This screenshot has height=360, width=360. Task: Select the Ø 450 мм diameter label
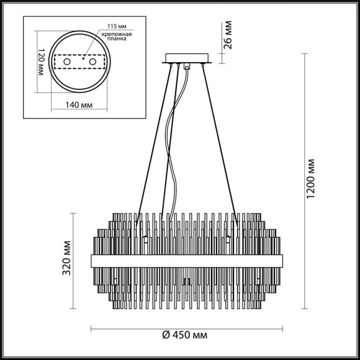coord(185,335)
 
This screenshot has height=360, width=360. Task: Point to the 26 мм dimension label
coord(228,36)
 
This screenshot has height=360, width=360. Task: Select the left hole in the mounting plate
coord(65,62)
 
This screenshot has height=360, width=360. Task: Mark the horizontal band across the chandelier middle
coord(185,259)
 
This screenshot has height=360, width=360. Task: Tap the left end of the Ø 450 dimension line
coord(92,326)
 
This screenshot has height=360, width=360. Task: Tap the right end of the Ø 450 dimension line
coord(279,326)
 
